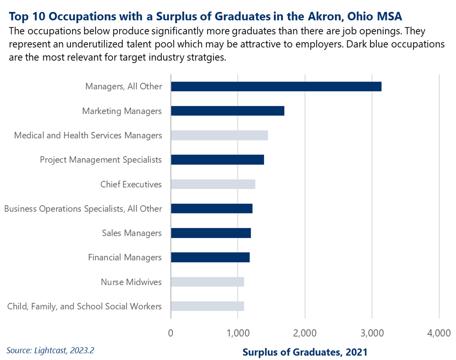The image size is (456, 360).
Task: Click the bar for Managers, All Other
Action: click(276, 87)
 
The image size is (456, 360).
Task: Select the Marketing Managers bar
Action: click(227, 111)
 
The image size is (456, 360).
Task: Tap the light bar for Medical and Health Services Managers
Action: click(219, 135)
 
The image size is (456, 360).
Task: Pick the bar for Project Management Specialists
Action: click(217, 160)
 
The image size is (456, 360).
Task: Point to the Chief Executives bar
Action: click(213, 184)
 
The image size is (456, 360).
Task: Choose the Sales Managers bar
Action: click(211, 233)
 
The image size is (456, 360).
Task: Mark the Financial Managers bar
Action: click(210, 257)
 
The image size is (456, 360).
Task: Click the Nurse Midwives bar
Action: click(207, 282)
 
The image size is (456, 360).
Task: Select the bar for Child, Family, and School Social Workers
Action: click(207, 306)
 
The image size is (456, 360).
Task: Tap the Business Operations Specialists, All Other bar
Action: click(212, 209)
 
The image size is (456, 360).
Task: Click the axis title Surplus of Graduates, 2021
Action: click(305, 352)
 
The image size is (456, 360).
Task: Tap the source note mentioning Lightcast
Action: click(50, 350)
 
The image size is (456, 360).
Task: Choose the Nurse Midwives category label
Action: click(131, 282)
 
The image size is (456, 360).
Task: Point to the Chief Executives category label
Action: click(131, 184)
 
